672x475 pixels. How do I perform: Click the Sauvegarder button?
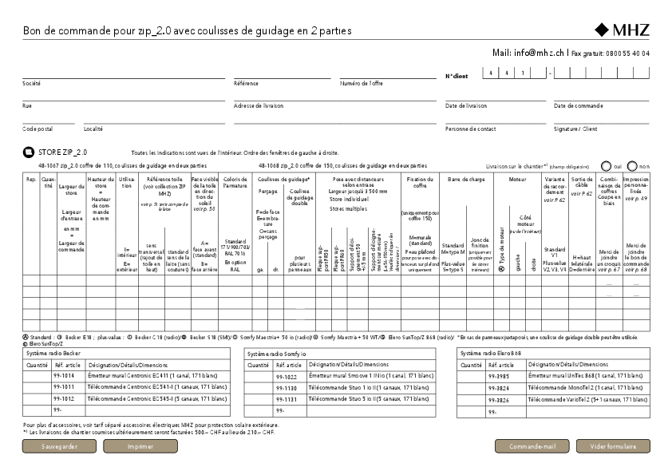click(60, 446)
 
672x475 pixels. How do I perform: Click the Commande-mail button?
click(532, 446)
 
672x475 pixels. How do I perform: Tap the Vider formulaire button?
click(613, 446)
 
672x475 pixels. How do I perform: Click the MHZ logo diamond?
click(602, 31)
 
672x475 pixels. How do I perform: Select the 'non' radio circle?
click(633, 165)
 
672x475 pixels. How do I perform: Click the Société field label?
click(32, 83)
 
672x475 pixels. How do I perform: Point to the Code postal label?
click(38, 129)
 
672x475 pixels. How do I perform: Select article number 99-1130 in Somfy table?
click(286, 388)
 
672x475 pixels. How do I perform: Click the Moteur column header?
click(517, 180)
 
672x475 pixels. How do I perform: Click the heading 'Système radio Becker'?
click(53, 352)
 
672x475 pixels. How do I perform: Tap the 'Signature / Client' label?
click(575, 129)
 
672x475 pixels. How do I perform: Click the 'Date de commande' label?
click(579, 105)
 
